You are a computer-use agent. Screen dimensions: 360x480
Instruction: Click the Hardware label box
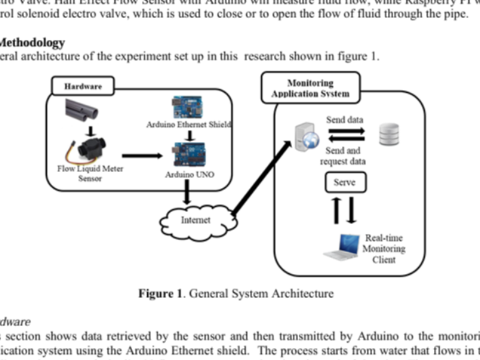[x=83, y=87]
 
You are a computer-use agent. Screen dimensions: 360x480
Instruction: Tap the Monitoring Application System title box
[x=309, y=89]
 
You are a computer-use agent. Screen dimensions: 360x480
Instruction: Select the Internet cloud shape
[x=195, y=219]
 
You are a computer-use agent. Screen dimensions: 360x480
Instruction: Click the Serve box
[x=344, y=182]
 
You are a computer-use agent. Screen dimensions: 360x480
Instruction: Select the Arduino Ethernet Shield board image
[x=189, y=107]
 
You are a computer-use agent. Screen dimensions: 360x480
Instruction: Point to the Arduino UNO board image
[x=189, y=155]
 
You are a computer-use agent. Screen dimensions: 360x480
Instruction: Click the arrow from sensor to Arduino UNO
[x=142, y=155]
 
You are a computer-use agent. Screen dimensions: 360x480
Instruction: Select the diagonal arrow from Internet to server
[x=261, y=177]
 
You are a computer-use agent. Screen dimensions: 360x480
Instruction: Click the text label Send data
[x=344, y=120]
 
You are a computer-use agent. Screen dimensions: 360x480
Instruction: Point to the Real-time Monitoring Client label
[x=384, y=249]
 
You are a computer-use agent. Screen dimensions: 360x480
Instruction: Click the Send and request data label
[x=344, y=157]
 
